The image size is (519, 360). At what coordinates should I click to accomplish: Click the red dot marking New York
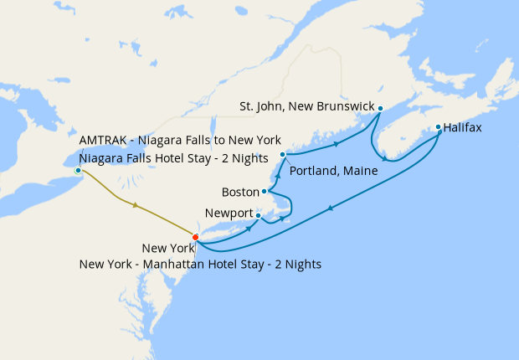[195, 237]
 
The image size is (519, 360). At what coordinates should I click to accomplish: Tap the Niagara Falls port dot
[78, 170]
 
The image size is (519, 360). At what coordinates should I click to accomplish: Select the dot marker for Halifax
[438, 128]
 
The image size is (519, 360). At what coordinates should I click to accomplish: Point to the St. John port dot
[380, 108]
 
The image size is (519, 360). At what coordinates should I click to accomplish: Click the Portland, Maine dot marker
[283, 155]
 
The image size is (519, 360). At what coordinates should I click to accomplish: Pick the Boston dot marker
[264, 192]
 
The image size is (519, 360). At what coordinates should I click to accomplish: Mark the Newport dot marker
[258, 216]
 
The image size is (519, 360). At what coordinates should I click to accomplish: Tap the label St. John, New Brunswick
[306, 107]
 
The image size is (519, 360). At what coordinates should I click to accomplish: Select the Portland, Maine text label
[332, 170]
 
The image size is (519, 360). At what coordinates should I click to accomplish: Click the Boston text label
[240, 192]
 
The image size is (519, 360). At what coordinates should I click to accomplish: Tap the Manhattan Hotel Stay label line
[200, 264]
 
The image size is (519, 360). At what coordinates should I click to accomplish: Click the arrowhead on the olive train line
[135, 204]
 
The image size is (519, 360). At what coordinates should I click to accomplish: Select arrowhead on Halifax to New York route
[331, 208]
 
